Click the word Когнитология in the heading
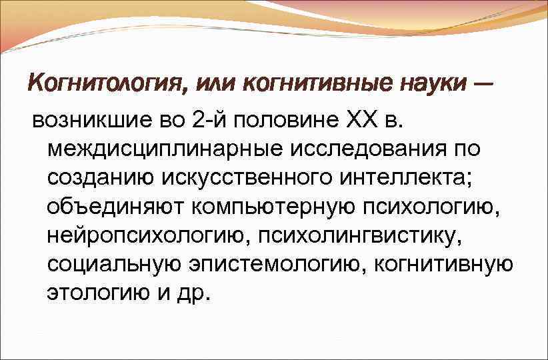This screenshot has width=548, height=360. (x=101, y=85)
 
